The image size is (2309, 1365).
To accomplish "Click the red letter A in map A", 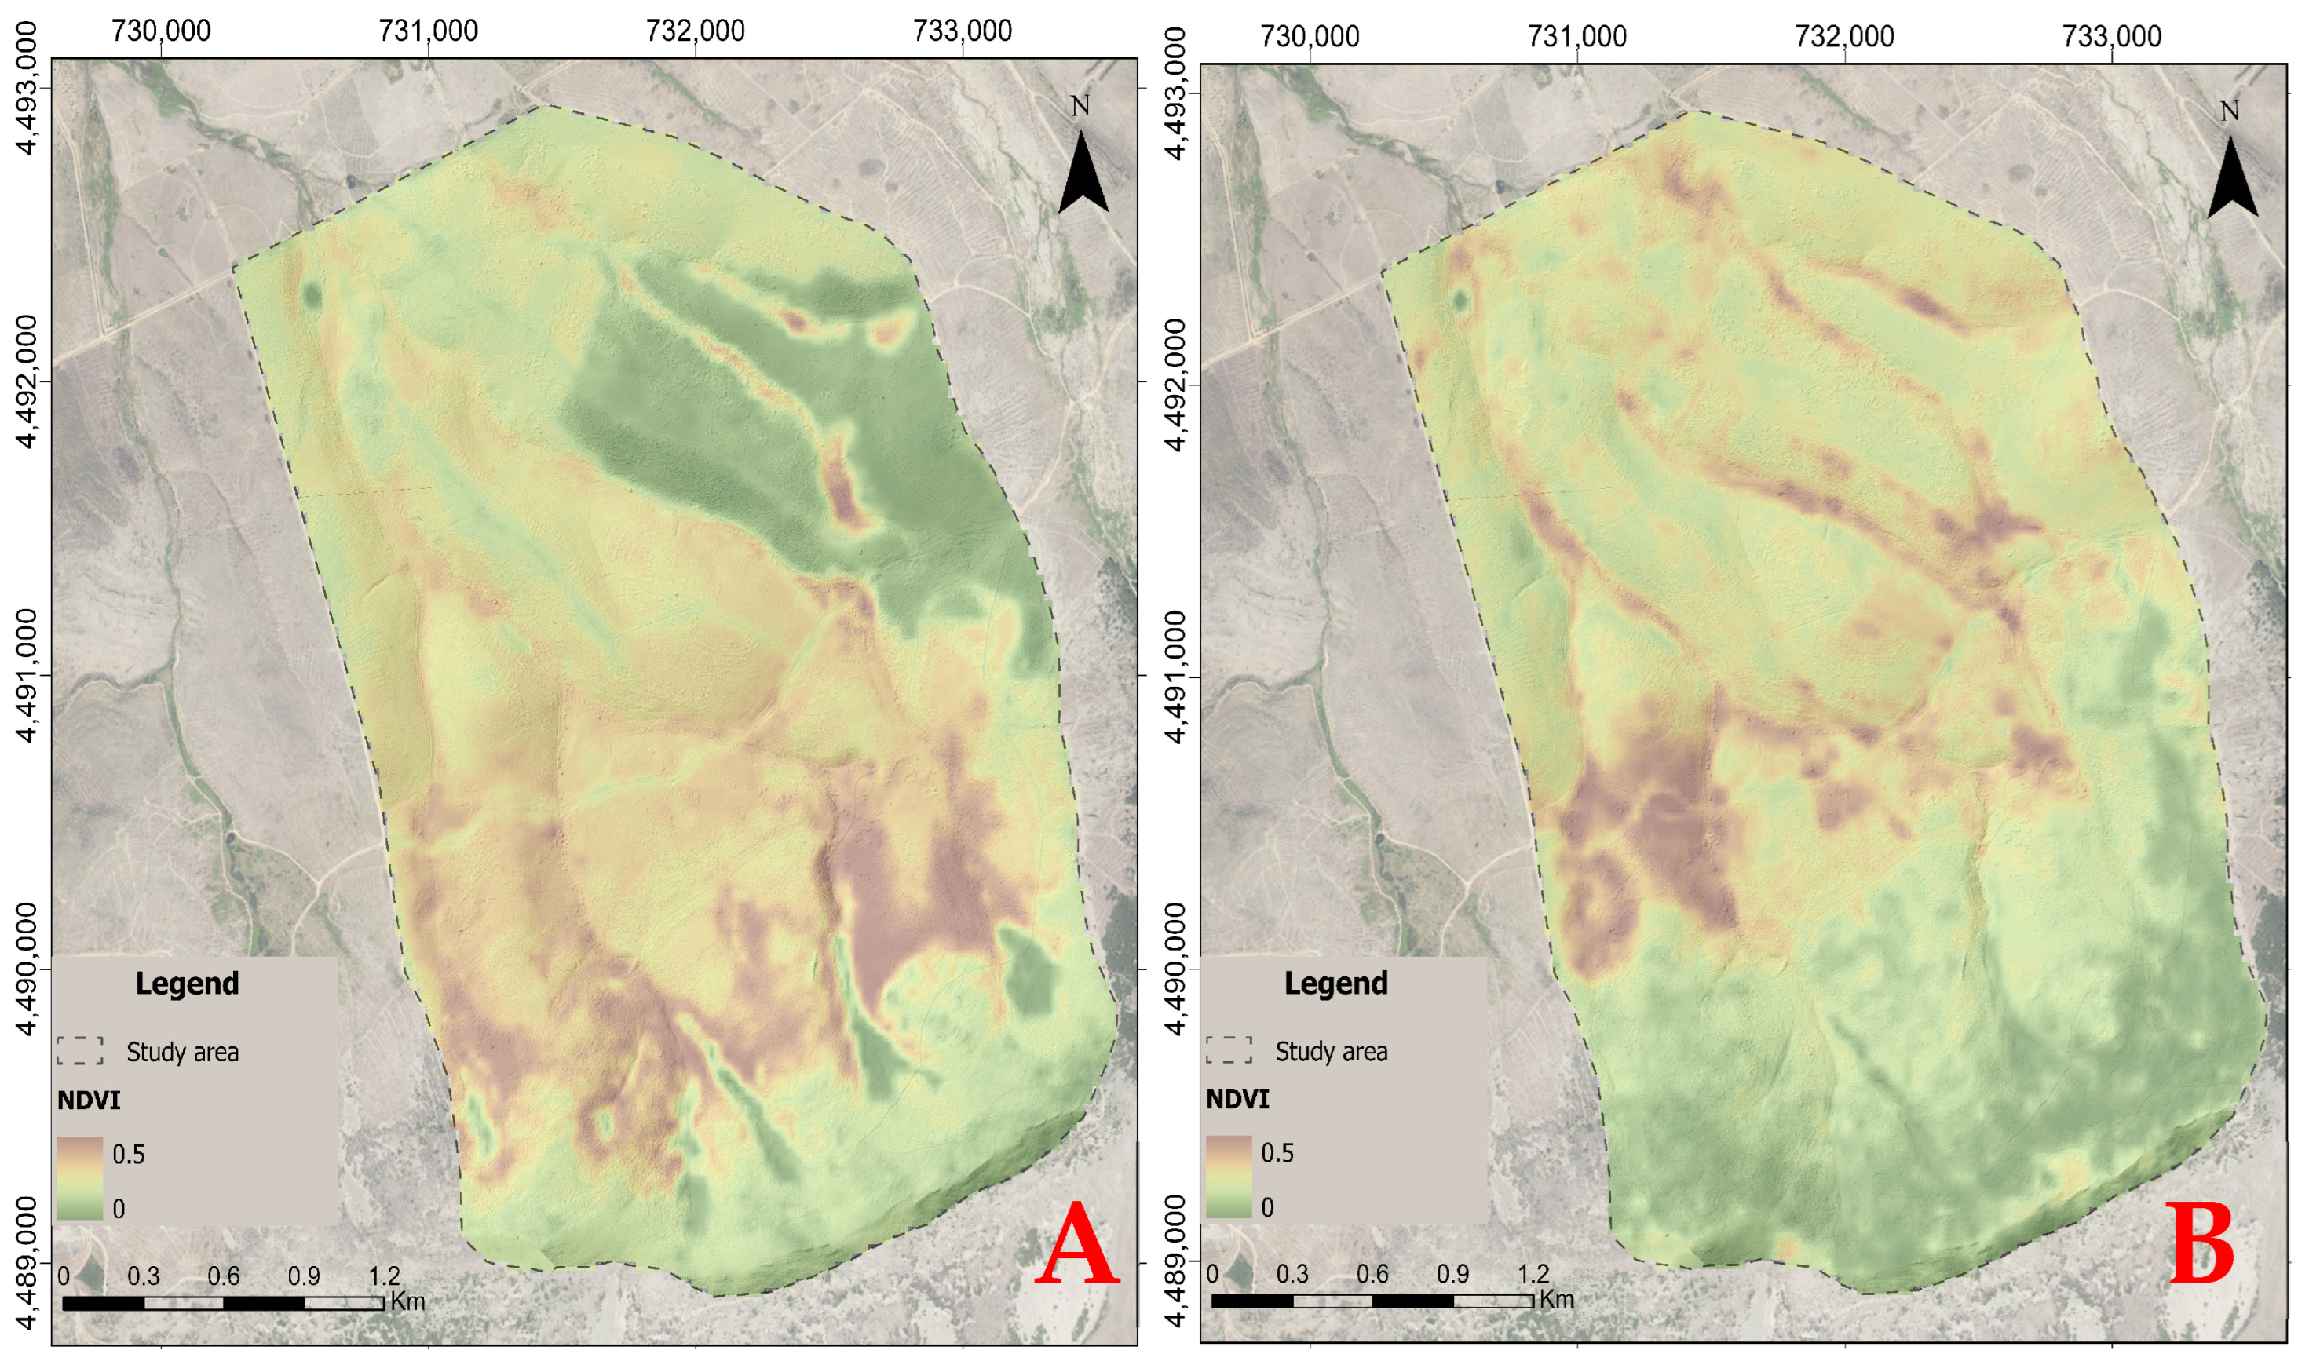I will tap(1077, 1247).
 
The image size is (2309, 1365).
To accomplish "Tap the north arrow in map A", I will tap(1083, 170).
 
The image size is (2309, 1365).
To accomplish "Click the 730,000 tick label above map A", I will tap(161, 31).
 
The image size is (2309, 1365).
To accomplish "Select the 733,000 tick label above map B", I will tap(2111, 37).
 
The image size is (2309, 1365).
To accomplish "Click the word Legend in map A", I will tap(187, 984).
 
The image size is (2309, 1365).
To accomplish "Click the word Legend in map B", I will tap(1335, 984).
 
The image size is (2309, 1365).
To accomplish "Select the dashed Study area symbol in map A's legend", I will tap(80, 1051).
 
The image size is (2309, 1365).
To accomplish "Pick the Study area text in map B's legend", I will tap(1331, 1051).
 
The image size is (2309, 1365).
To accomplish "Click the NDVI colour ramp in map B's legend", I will tap(1228, 1177).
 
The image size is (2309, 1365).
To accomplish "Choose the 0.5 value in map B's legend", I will tap(1277, 1153).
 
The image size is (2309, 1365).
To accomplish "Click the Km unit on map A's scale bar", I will tap(407, 1301).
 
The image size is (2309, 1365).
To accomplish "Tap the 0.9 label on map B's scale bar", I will tap(1452, 1275).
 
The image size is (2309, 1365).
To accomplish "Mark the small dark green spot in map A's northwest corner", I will tap(311, 296).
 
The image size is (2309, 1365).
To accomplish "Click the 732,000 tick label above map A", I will tap(696, 31).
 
